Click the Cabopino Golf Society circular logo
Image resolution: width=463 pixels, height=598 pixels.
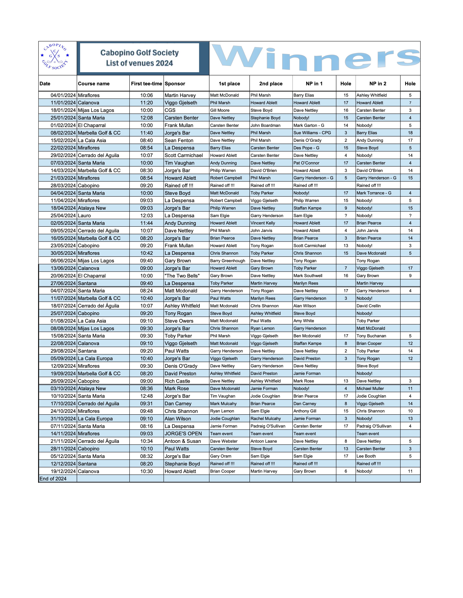point(55,57)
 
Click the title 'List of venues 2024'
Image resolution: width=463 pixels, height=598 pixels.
point(139,63)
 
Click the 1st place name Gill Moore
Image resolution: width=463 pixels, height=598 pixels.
point(220,110)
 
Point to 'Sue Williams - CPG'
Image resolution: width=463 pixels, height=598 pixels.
point(312,133)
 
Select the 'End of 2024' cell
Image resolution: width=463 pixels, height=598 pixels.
point(53,479)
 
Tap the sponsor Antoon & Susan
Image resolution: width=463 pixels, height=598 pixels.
point(183,441)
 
